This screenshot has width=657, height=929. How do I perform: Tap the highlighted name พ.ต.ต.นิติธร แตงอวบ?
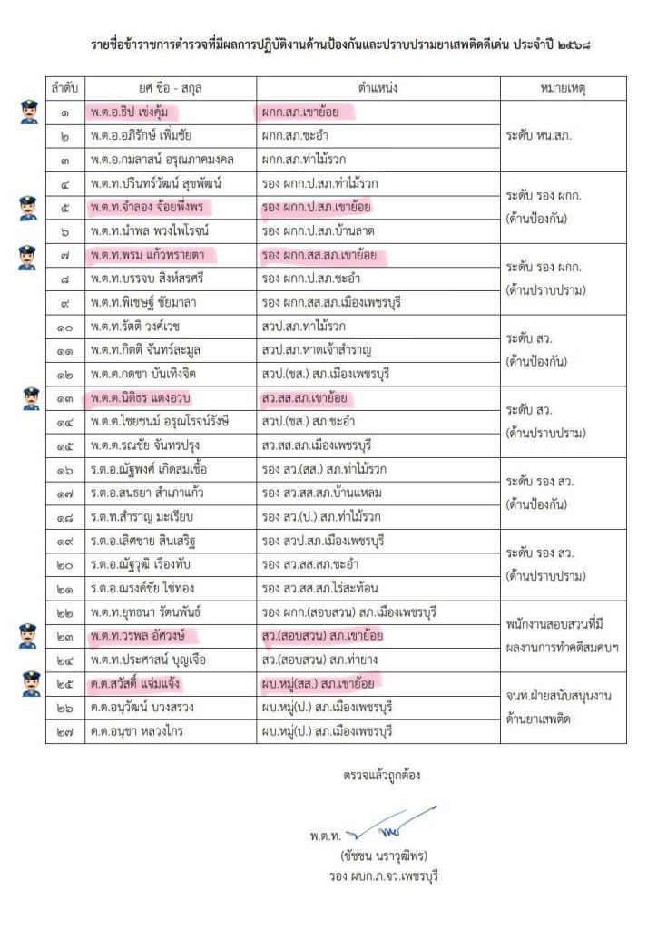click(139, 398)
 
